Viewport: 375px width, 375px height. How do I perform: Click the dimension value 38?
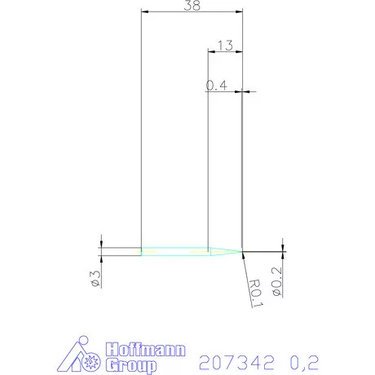pos(192,6)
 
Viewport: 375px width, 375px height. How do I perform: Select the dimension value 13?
pos(227,46)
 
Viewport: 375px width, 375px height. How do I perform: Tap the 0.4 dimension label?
pos(215,85)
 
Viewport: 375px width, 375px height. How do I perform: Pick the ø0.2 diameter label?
pos(276,280)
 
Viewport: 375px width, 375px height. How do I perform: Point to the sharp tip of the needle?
pos(243,251)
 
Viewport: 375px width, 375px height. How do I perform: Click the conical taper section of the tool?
pos(225,251)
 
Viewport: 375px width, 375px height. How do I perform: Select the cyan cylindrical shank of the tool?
pos(174,251)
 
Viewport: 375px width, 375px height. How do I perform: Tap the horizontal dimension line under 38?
pos(192,12)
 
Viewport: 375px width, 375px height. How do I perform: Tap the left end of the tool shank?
pos(142,251)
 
